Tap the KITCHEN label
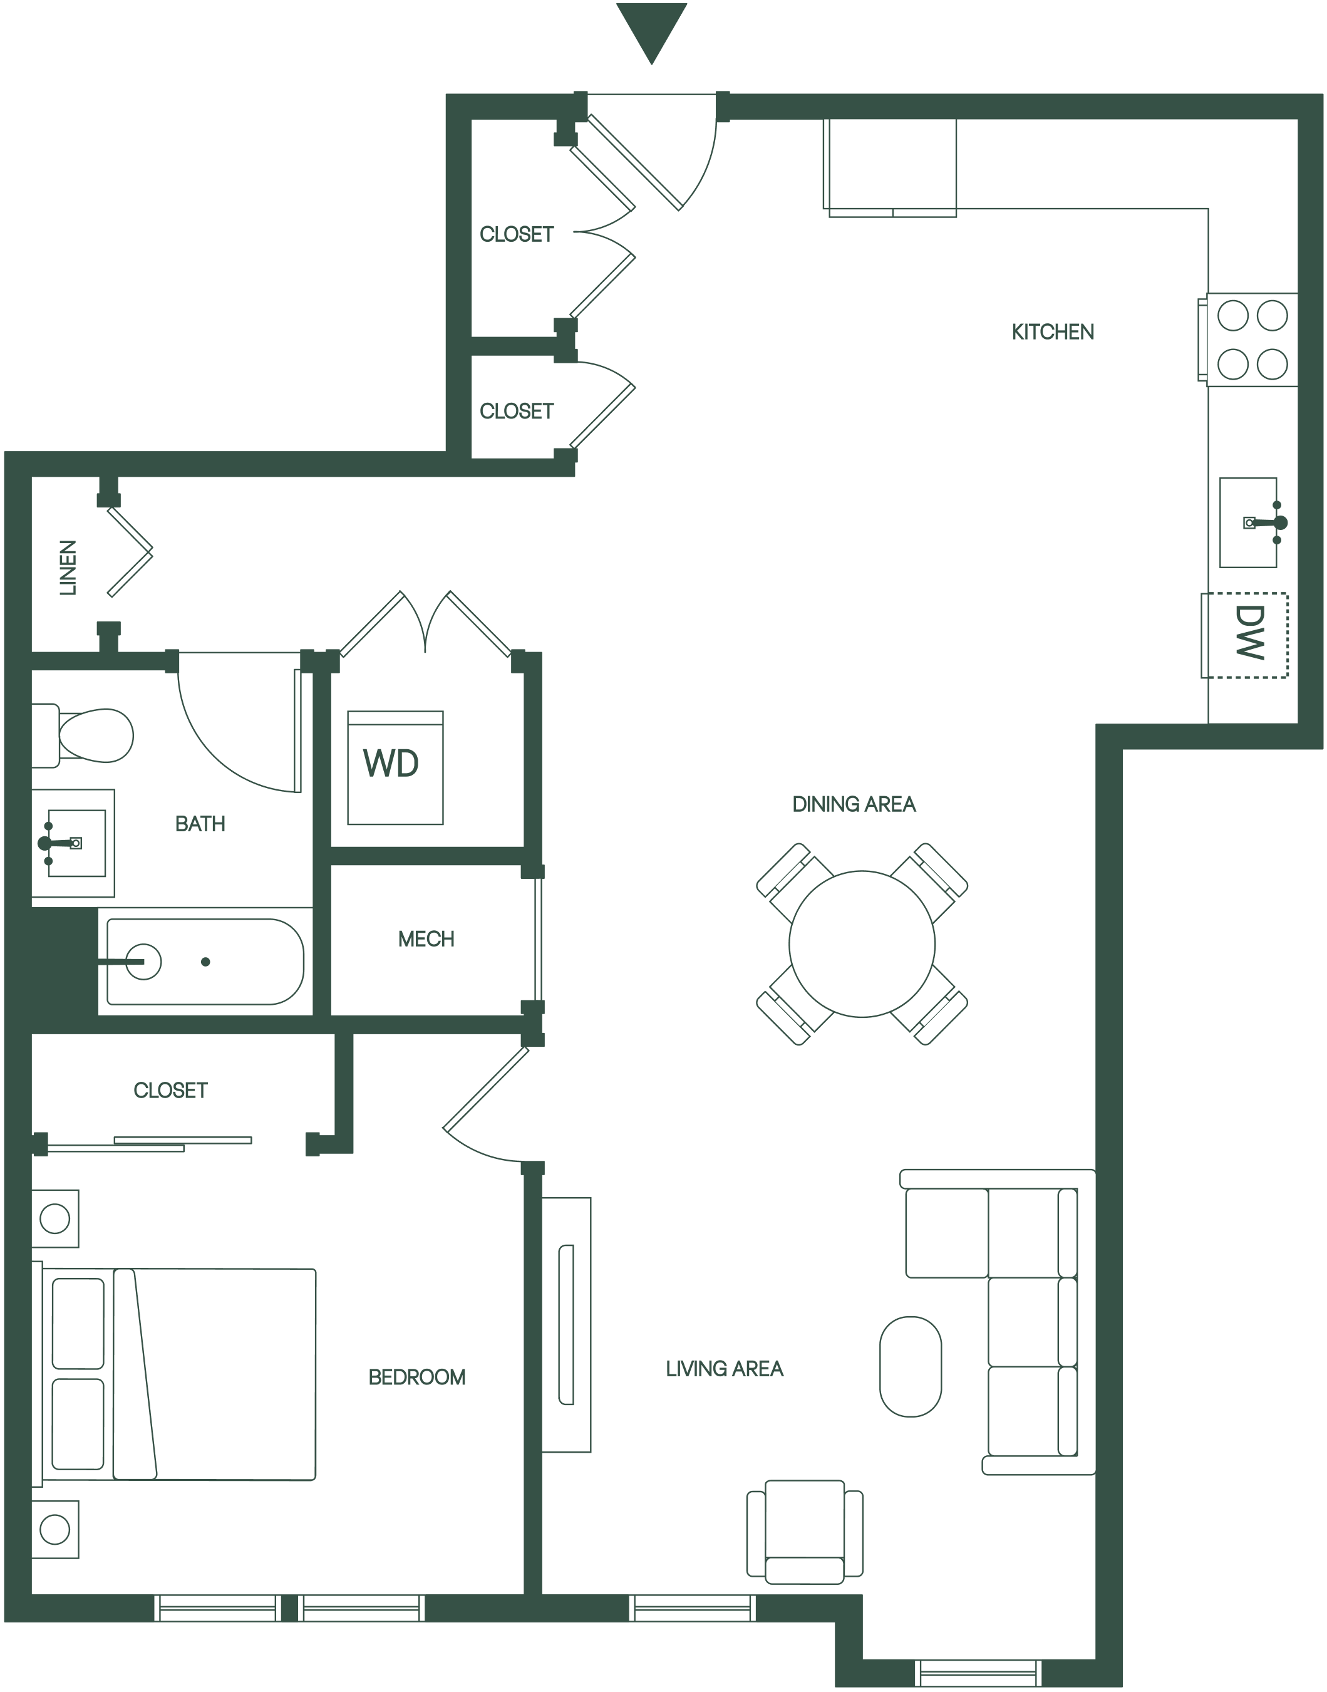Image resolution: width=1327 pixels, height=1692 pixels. pyautogui.click(x=1053, y=333)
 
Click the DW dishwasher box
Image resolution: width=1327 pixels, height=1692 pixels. pyautogui.click(x=1244, y=635)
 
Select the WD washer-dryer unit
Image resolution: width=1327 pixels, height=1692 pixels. pyautogui.click(x=395, y=767)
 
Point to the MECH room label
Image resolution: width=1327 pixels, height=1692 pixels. pyautogui.click(x=426, y=939)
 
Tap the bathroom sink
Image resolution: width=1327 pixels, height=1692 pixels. pyautogui.click(x=73, y=843)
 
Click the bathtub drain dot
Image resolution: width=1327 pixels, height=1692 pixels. pyautogui.click(x=205, y=962)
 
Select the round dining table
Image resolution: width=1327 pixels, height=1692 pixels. pyautogui.click(x=862, y=943)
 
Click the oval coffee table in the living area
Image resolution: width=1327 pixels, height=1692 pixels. pyautogui.click(x=911, y=1366)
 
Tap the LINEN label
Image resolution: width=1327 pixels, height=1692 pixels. pyautogui.click(x=69, y=568)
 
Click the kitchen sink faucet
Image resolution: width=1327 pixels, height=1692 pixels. pyautogui.click(x=1265, y=522)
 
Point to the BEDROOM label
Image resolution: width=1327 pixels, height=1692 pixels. pyautogui.click(x=416, y=1378)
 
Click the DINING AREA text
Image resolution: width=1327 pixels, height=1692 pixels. pyautogui.click(x=854, y=804)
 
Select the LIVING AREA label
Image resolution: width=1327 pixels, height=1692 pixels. pyautogui.click(x=724, y=1369)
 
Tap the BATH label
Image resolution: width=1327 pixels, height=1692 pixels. pyautogui.click(x=200, y=824)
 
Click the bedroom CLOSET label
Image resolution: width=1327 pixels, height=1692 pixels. pyautogui.click(x=170, y=1091)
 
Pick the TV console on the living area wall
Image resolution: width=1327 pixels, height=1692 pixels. pyautogui.click(x=566, y=1325)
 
